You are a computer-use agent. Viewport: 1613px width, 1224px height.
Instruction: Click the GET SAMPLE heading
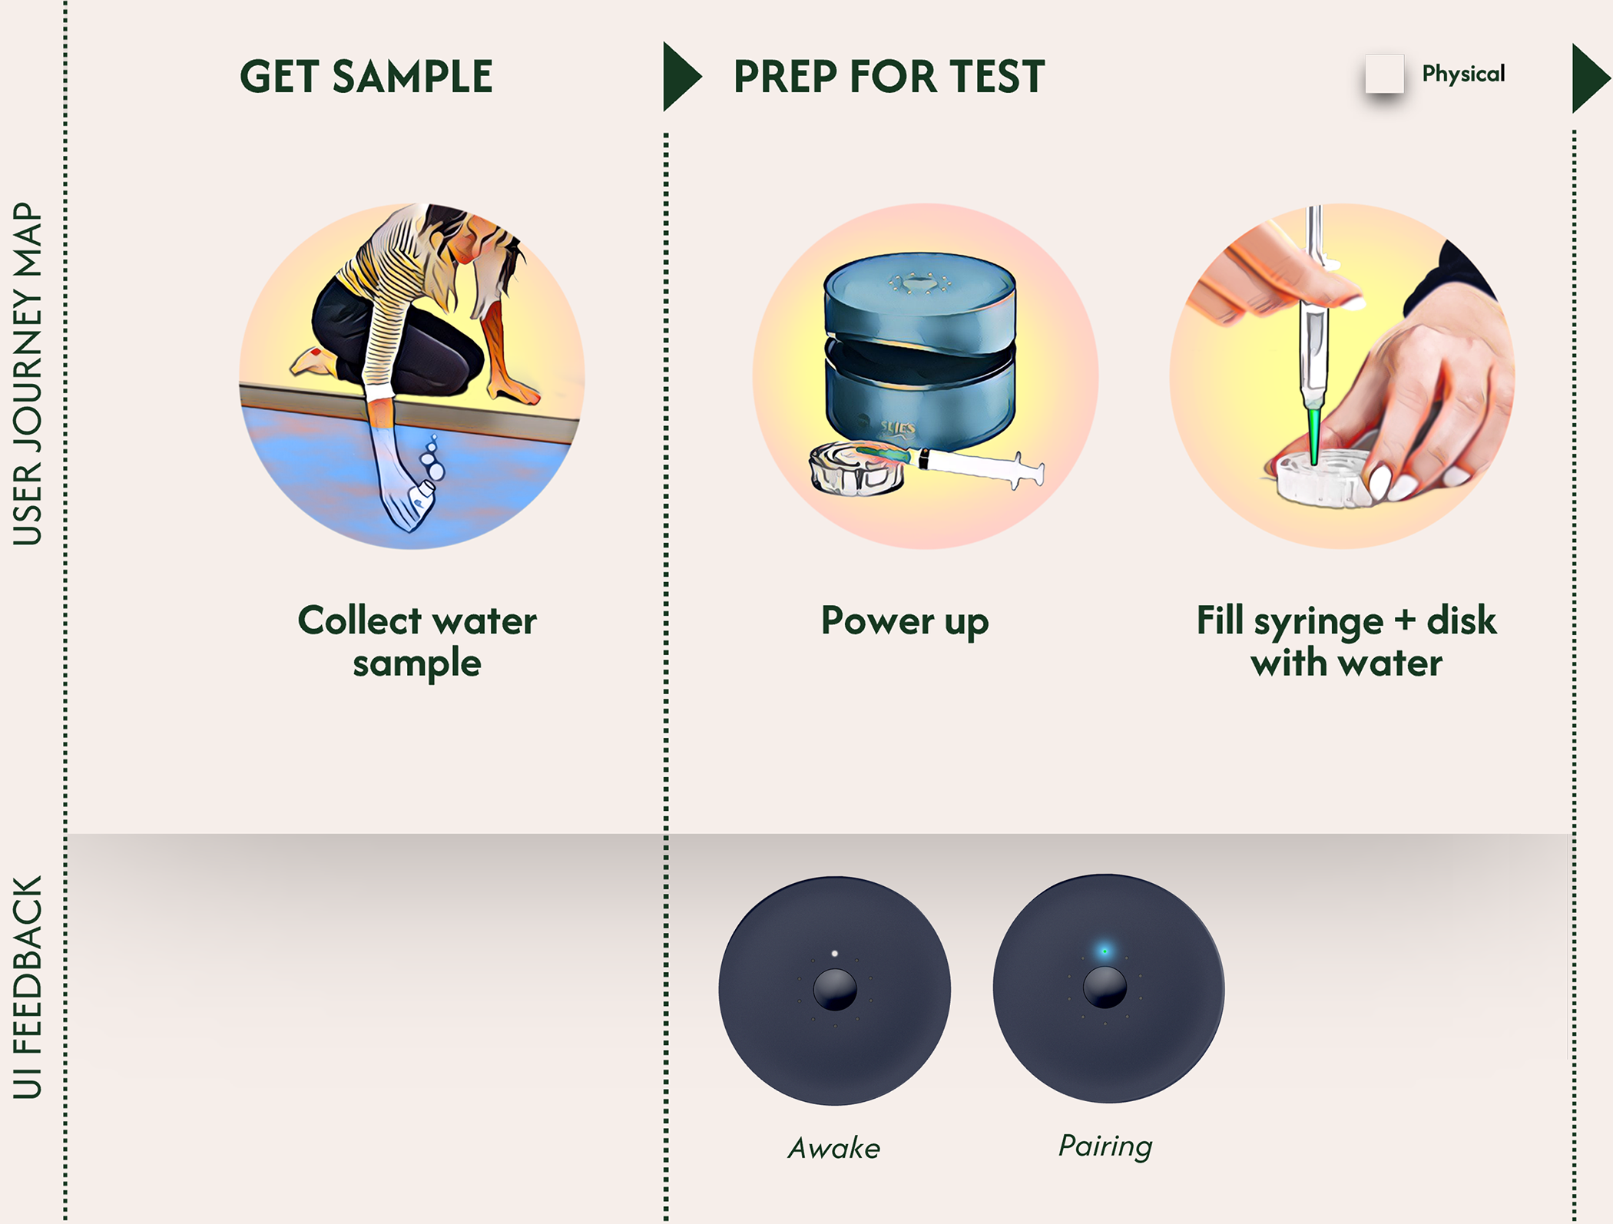366,77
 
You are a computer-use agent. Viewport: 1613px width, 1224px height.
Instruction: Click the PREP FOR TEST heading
889,77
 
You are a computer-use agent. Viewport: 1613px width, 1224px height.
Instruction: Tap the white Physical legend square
1384,74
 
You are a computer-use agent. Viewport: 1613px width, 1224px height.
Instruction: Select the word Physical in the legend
1463,74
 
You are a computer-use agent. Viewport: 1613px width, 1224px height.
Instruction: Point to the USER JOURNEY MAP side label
28,374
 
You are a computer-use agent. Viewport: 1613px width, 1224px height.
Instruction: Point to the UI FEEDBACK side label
28,987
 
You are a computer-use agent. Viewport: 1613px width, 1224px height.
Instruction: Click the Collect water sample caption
416,641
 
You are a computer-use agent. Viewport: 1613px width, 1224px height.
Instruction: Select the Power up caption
905,621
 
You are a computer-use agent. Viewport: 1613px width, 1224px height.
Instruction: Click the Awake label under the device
834,1148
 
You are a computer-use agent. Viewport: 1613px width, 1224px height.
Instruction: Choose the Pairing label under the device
1105,1146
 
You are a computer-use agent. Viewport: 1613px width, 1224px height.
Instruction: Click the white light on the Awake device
835,954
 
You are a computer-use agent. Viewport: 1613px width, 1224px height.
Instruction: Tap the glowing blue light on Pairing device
1105,951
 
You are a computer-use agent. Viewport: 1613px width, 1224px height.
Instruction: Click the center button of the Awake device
835,989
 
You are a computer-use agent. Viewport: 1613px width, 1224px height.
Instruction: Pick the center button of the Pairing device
1105,987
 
